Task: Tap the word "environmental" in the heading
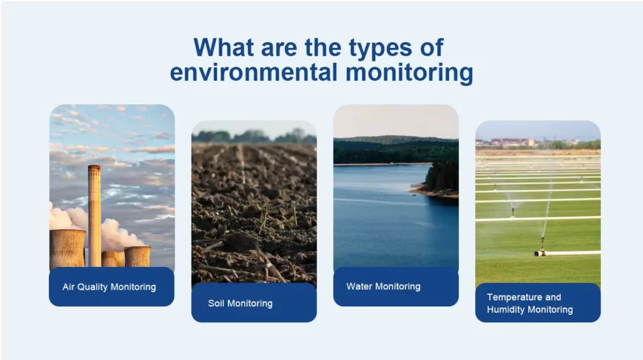(256, 72)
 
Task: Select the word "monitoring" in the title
(409, 72)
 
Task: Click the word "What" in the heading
(224, 48)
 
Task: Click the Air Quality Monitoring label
(111, 287)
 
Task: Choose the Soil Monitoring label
(253, 303)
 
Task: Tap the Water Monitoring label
(395, 286)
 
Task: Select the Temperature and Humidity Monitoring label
(537, 303)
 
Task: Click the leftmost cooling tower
(67, 248)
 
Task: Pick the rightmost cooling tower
(138, 256)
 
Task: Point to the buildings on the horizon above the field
(509, 143)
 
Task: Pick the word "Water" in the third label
(359, 286)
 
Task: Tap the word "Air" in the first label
(68, 287)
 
